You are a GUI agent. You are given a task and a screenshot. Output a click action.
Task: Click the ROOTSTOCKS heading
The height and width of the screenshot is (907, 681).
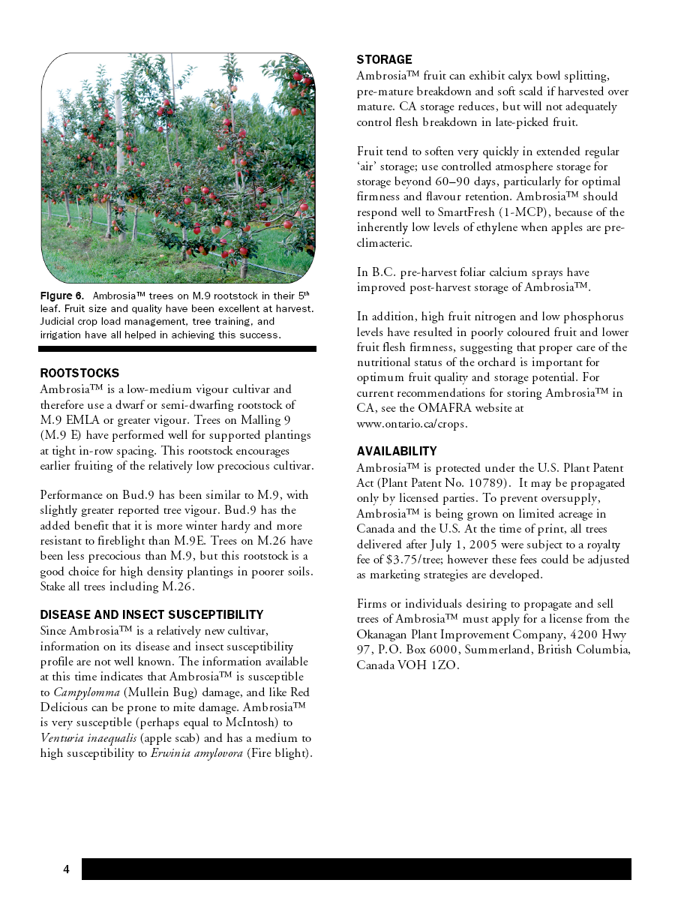(x=79, y=373)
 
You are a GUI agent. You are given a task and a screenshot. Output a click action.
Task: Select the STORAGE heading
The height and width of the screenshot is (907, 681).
(x=384, y=59)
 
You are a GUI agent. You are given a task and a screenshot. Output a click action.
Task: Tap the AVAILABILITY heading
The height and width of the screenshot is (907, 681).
(x=397, y=451)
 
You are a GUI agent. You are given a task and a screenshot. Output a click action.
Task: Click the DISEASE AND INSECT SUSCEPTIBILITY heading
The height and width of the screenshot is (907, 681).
(x=151, y=614)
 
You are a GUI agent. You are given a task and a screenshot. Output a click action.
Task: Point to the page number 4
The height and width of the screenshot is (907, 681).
(x=66, y=869)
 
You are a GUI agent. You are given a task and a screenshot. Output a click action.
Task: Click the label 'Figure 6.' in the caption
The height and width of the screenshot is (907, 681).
(x=62, y=296)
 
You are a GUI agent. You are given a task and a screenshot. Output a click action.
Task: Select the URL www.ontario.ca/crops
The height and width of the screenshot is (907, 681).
(x=412, y=423)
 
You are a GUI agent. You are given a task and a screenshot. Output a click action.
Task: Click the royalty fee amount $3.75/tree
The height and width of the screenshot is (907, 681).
(x=404, y=559)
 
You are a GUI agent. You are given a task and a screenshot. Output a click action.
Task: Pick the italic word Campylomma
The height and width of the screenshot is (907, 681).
(x=86, y=692)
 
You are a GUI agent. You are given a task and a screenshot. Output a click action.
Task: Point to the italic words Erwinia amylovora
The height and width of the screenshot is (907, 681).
(x=197, y=752)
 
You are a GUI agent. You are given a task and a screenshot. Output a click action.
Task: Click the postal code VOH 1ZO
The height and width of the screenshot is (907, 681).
(x=430, y=665)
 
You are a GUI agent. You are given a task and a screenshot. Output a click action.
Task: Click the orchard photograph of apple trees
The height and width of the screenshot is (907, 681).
(x=178, y=167)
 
